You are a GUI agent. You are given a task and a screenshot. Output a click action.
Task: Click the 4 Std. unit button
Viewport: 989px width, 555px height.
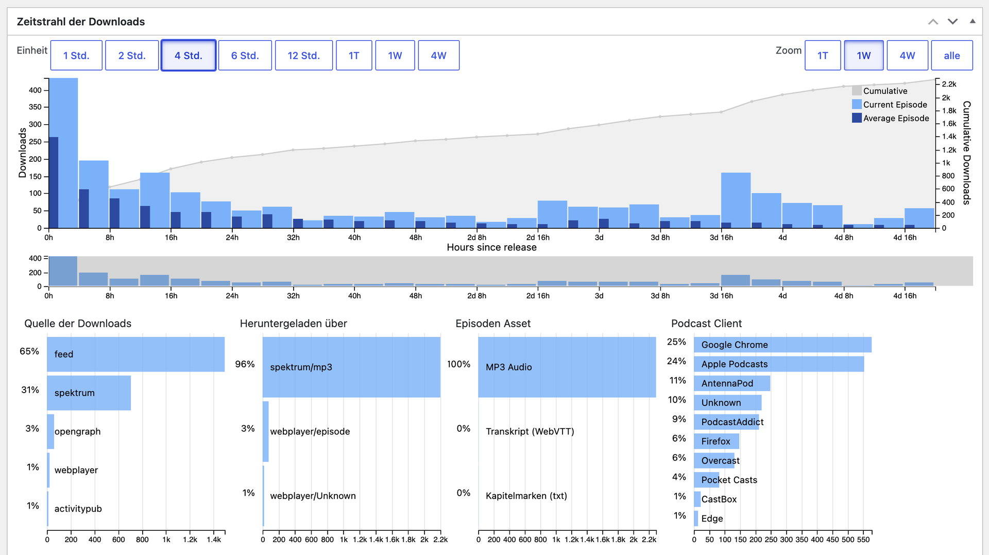pos(188,55)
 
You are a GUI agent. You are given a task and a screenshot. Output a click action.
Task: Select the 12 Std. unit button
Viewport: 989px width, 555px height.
pos(303,55)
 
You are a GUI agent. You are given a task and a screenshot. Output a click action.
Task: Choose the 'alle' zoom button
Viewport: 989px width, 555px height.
pos(951,55)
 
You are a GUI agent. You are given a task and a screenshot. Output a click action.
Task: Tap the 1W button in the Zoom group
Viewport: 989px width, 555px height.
pos(863,55)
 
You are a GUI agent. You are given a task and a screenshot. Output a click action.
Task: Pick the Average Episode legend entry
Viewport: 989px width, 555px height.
pos(891,118)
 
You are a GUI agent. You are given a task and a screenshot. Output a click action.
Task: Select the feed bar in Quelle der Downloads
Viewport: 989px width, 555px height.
pos(135,354)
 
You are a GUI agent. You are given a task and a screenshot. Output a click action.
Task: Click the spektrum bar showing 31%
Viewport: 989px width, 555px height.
pos(89,393)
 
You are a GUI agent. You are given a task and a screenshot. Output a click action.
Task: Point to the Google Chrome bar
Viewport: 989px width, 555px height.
pos(782,345)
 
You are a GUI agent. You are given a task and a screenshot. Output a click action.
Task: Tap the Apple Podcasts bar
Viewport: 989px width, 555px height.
pos(779,364)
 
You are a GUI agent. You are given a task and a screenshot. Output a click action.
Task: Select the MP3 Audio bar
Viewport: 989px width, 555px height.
pos(567,367)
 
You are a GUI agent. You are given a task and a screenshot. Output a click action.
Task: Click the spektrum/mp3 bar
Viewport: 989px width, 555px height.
pos(351,367)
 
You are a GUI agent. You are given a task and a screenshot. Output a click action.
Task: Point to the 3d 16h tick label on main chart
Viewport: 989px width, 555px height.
pos(721,238)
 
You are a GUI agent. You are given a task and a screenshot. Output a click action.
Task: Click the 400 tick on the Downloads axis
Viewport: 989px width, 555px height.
pos(35,90)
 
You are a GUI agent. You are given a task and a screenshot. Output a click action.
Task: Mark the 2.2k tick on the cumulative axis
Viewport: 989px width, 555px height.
pos(949,84)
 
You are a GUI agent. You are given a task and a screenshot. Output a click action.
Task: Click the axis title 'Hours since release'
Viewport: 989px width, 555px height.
pos(491,247)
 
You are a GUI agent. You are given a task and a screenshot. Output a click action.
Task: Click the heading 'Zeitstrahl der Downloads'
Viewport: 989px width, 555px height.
pos(81,22)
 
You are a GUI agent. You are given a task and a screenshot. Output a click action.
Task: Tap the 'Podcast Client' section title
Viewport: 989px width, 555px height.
pos(706,323)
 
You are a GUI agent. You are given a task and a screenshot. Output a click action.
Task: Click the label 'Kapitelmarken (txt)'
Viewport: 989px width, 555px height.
pos(526,496)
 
